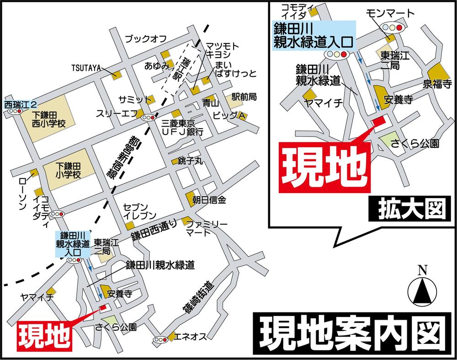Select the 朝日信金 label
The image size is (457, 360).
click(213, 200)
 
